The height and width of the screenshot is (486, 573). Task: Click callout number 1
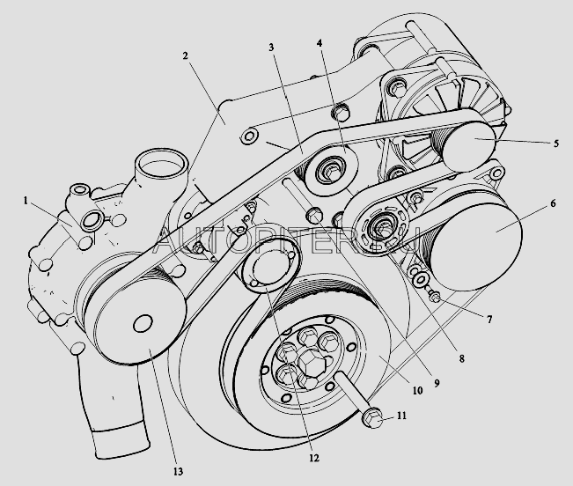[29, 201]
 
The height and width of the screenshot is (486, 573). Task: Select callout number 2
[186, 55]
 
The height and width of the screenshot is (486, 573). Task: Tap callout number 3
[274, 46]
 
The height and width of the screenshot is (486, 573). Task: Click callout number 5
[556, 144]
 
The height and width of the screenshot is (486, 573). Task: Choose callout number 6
[552, 203]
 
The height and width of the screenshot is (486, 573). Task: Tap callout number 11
[402, 414]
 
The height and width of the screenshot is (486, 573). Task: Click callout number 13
[179, 473]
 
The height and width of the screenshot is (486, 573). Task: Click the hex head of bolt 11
[372, 419]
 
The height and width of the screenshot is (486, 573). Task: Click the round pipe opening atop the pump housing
[161, 165]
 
